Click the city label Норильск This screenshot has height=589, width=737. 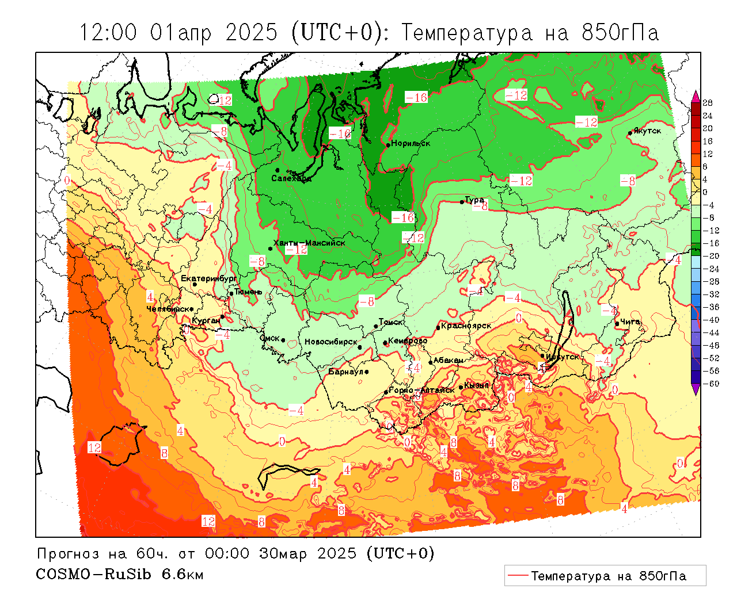click(x=411, y=143)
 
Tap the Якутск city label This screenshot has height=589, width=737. click(x=647, y=131)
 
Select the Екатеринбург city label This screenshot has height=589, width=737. click(x=208, y=278)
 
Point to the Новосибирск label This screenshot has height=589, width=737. click(x=331, y=342)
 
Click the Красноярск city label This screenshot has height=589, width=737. click(x=466, y=326)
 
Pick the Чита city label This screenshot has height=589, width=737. click(x=630, y=322)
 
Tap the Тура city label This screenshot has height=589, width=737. click(x=474, y=200)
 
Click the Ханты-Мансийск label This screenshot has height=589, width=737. click(x=309, y=243)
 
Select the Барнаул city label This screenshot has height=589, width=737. click(x=346, y=372)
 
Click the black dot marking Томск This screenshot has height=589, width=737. click(x=376, y=326)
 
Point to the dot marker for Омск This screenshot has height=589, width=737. click(x=283, y=341)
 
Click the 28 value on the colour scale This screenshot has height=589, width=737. click(x=708, y=103)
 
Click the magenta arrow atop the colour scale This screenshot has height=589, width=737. click(x=696, y=95)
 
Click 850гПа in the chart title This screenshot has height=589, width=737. click(x=620, y=33)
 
